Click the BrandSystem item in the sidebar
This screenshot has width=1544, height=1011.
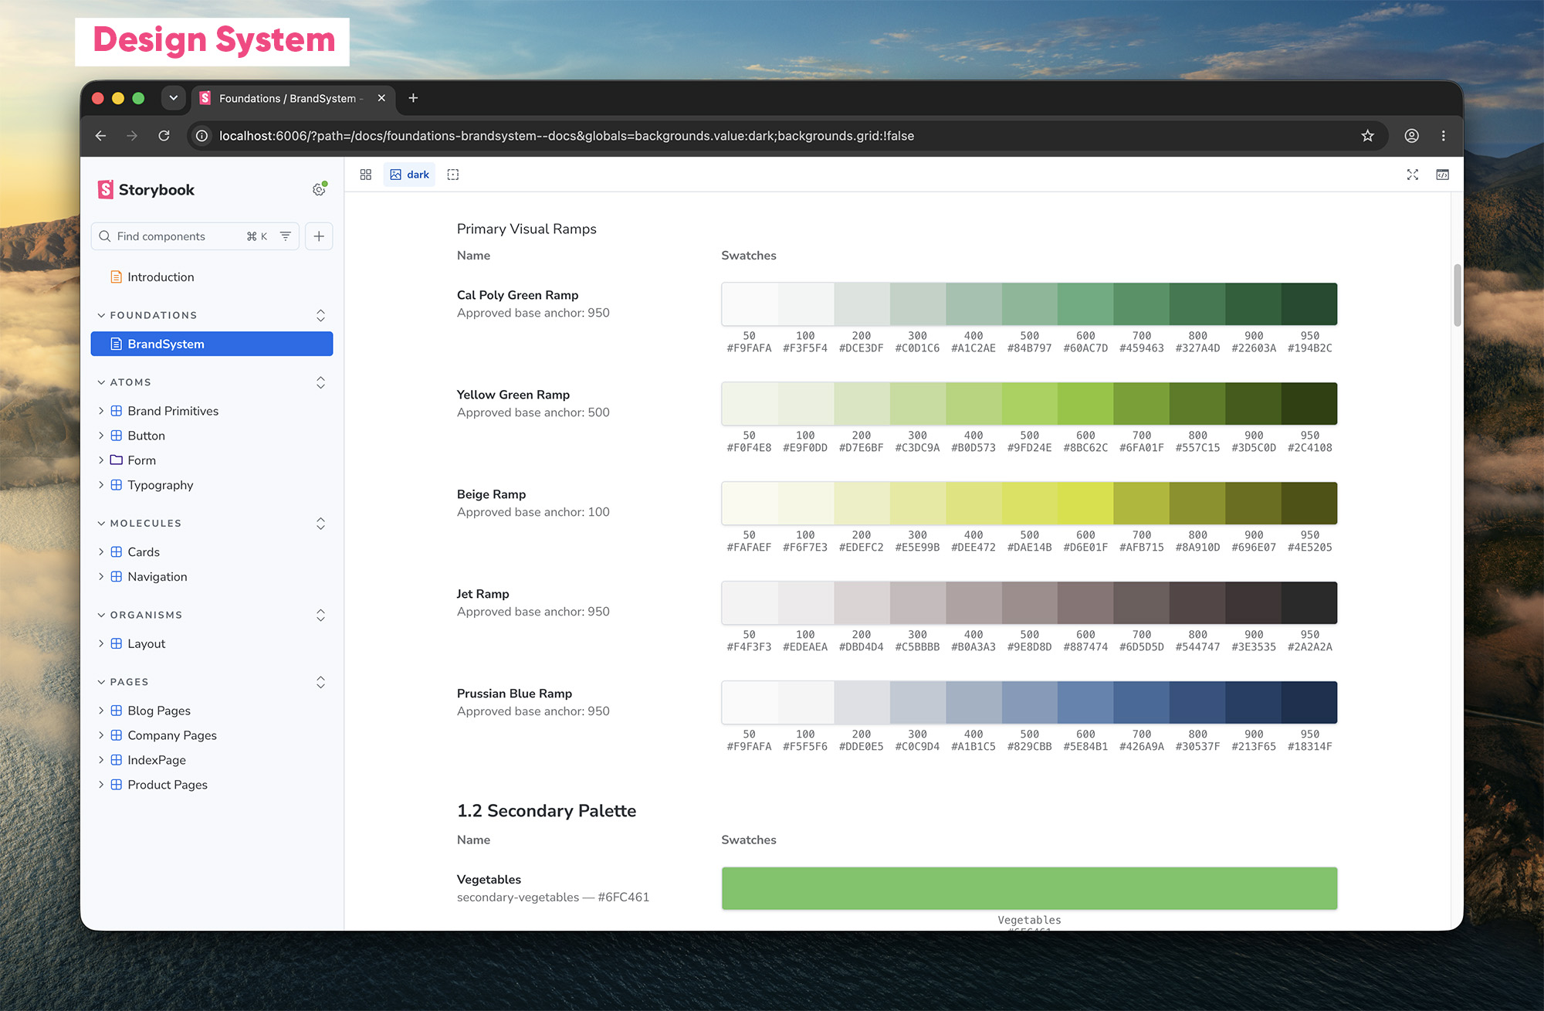point(212,344)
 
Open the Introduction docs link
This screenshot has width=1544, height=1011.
point(161,276)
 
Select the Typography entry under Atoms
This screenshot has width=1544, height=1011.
point(160,485)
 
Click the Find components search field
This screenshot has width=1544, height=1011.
point(195,236)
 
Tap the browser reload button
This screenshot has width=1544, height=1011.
point(164,136)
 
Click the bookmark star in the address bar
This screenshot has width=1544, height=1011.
point(1367,136)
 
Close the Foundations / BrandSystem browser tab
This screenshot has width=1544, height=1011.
point(381,98)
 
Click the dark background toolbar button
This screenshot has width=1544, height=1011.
point(409,175)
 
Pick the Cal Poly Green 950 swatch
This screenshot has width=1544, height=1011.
point(1309,304)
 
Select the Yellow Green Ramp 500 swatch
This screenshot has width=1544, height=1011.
point(1030,403)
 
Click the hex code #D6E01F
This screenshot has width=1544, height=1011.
point(1085,548)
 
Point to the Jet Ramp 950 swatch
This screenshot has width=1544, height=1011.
point(1309,602)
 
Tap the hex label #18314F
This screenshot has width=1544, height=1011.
point(1309,747)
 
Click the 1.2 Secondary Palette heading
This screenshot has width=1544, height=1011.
point(547,810)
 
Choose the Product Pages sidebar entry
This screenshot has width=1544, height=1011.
point(168,785)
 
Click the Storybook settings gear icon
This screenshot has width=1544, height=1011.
point(319,189)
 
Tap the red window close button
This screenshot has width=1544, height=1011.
point(98,98)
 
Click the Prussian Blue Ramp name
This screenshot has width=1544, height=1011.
point(514,694)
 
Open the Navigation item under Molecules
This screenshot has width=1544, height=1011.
point(157,577)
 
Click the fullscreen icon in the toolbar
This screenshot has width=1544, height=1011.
point(1412,175)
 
